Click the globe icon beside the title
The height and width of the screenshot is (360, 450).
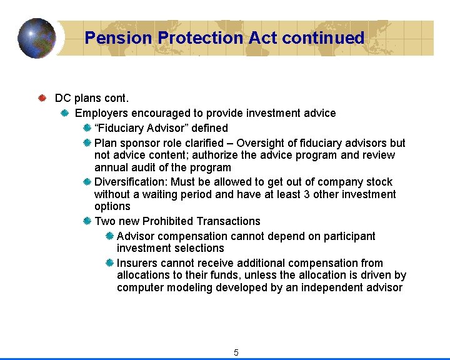click(x=36, y=37)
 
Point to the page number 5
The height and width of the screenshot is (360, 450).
click(x=236, y=352)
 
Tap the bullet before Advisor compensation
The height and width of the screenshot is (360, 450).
click(x=109, y=236)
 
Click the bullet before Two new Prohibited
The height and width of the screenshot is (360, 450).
click(x=87, y=221)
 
